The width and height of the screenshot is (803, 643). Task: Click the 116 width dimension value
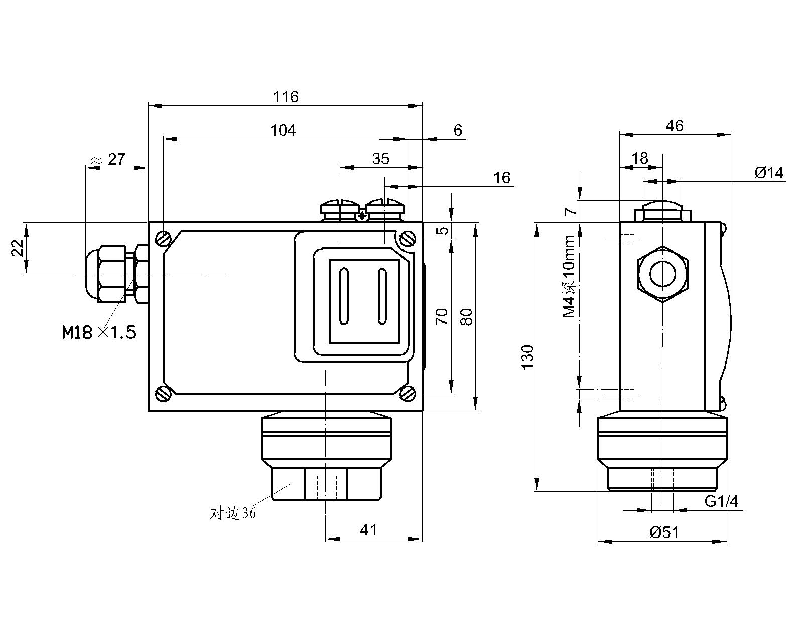click(286, 96)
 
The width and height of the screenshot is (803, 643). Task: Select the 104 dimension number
click(283, 130)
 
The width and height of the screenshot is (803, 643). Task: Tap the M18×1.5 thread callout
click(99, 332)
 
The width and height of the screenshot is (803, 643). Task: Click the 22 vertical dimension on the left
click(18, 248)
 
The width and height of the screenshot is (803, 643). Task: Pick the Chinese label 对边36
click(233, 513)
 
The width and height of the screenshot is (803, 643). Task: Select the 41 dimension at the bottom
click(369, 529)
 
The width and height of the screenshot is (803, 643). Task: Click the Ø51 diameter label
click(664, 532)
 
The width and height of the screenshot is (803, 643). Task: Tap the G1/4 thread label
click(721, 501)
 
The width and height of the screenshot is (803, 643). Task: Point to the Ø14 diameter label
click(768, 173)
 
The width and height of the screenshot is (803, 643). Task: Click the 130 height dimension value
click(527, 357)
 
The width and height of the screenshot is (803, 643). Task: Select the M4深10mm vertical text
click(569, 277)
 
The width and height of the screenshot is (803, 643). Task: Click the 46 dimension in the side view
click(675, 126)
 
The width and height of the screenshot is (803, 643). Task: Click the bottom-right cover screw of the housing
click(408, 394)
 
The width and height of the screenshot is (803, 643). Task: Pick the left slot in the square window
click(344, 296)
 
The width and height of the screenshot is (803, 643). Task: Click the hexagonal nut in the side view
click(662, 274)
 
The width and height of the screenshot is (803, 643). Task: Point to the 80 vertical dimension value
click(466, 316)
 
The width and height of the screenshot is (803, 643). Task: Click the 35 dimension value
click(381, 159)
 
